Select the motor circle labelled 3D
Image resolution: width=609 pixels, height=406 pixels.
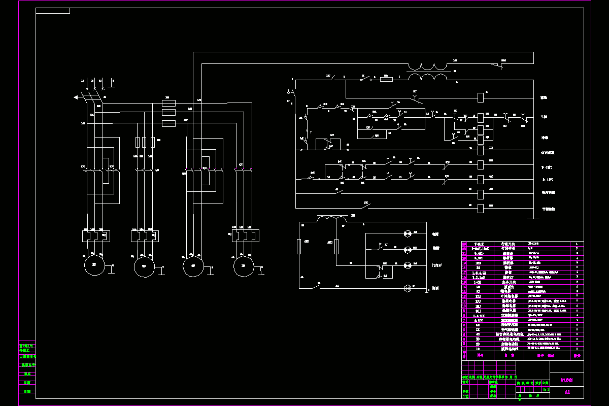point(144,265)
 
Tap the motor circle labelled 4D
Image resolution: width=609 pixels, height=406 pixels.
point(193,265)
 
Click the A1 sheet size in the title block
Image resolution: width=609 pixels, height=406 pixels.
point(567,392)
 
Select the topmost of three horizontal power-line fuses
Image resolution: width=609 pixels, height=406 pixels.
point(168,103)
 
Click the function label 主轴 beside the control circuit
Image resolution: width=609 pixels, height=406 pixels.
point(544,117)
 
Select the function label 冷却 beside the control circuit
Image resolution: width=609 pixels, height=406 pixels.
point(544,138)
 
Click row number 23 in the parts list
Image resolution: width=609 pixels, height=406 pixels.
point(464,244)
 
